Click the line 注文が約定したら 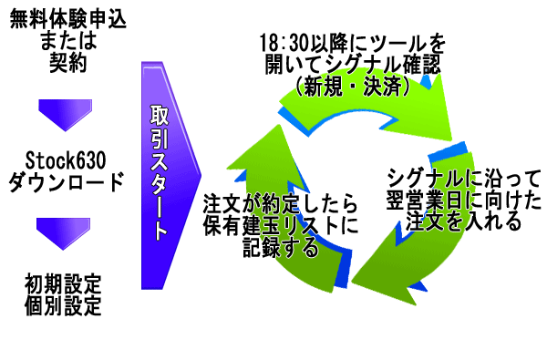tap(280, 204)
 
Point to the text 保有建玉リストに tap(280, 226)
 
